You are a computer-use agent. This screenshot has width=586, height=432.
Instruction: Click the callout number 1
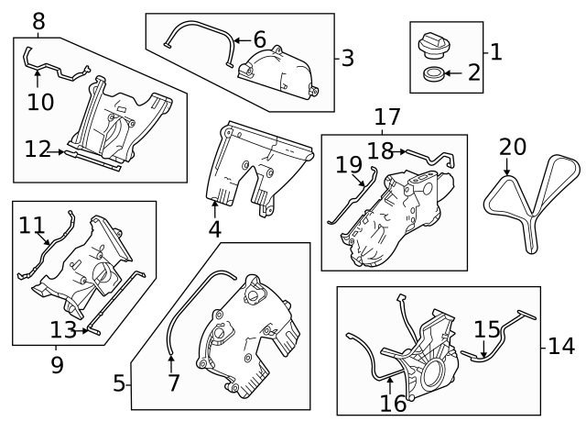(495, 51)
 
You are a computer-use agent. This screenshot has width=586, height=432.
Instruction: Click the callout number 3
(347, 59)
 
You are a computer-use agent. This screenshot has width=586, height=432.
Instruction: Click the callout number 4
(214, 228)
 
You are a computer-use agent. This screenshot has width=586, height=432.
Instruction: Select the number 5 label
(119, 383)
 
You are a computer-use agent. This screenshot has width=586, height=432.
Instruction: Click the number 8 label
(38, 20)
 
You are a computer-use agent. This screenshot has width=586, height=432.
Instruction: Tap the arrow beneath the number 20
(505, 167)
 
